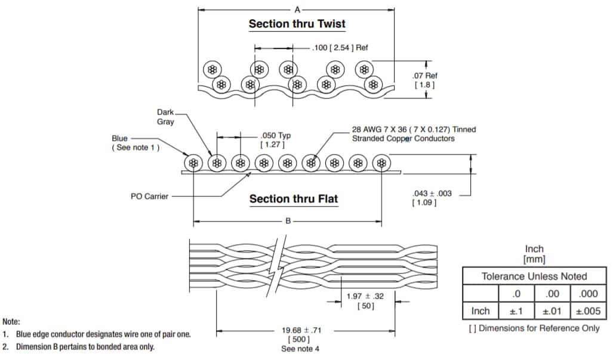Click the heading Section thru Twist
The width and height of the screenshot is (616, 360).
297,24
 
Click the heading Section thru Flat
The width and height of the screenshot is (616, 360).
293,199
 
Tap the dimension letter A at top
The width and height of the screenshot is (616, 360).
297,9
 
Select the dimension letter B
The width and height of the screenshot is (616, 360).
288,221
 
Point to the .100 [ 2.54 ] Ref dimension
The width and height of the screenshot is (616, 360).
340,48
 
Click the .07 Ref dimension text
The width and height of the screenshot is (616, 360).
425,76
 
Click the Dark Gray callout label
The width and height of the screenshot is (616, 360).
165,117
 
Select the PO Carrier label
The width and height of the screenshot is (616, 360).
149,196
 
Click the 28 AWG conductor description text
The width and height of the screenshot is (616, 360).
414,134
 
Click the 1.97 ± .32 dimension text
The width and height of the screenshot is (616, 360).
365,297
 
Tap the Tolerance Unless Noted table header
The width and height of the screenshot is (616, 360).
534,276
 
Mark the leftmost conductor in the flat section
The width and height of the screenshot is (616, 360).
193,164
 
